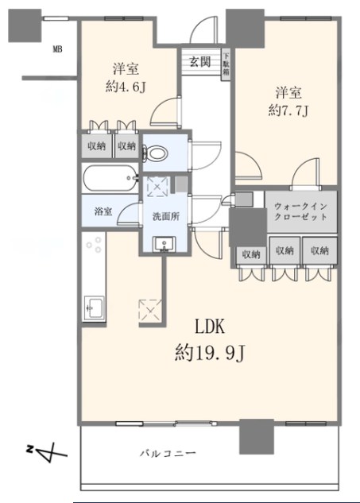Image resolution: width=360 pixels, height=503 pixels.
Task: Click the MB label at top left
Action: click(x=57, y=50)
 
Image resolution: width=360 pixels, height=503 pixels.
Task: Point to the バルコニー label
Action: click(x=169, y=453)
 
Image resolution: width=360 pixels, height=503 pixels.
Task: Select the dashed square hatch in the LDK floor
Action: click(x=150, y=308)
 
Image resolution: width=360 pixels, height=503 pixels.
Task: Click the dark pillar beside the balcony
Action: click(x=254, y=435)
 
